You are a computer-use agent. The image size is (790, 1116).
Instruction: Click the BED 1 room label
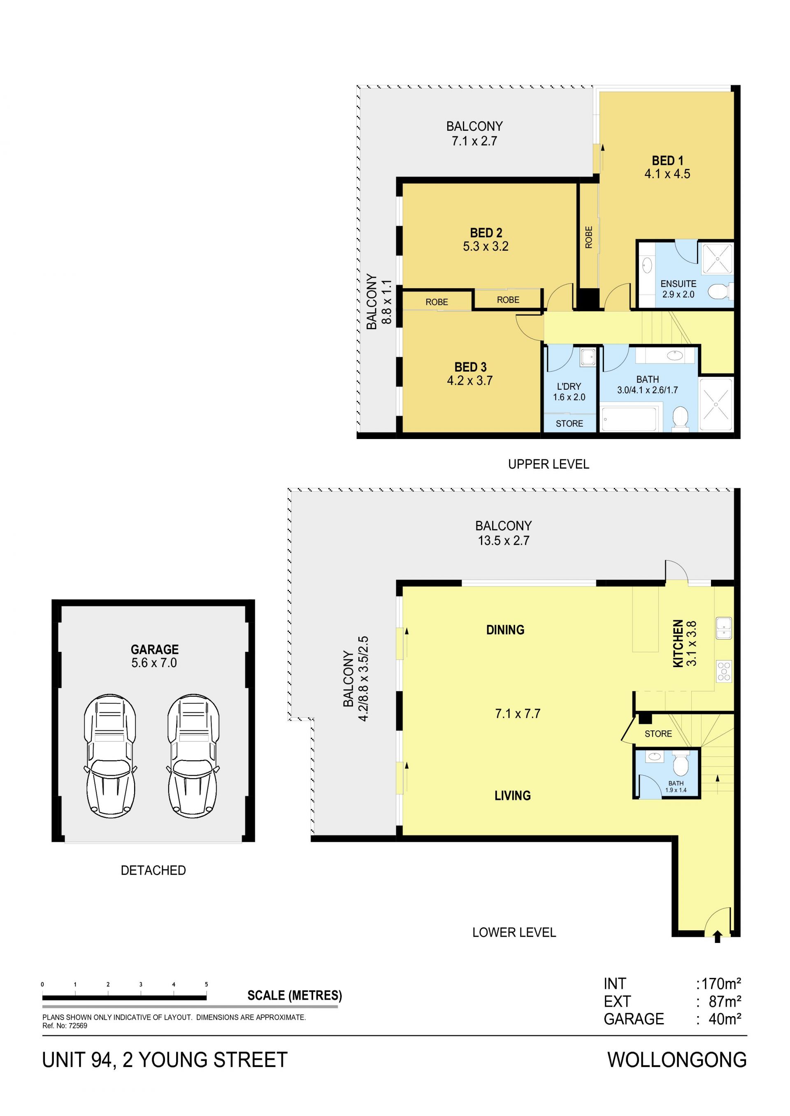[x=667, y=160]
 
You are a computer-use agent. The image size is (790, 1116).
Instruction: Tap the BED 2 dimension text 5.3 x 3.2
[x=486, y=247]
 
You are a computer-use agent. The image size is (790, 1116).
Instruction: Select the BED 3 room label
[x=470, y=367]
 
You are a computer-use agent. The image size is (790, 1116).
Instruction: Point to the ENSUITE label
[x=678, y=283]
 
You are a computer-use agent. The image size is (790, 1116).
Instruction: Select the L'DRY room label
[x=569, y=386]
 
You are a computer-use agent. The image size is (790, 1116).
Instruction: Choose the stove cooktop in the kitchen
[x=724, y=671]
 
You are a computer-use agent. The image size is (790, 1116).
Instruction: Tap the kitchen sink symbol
[x=724, y=628]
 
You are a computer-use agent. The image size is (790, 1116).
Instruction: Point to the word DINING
[x=505, y=630]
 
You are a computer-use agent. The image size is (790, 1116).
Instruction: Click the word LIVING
[x=512, y=796]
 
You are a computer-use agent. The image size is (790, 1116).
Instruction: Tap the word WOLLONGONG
[x=677, y=1060]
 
